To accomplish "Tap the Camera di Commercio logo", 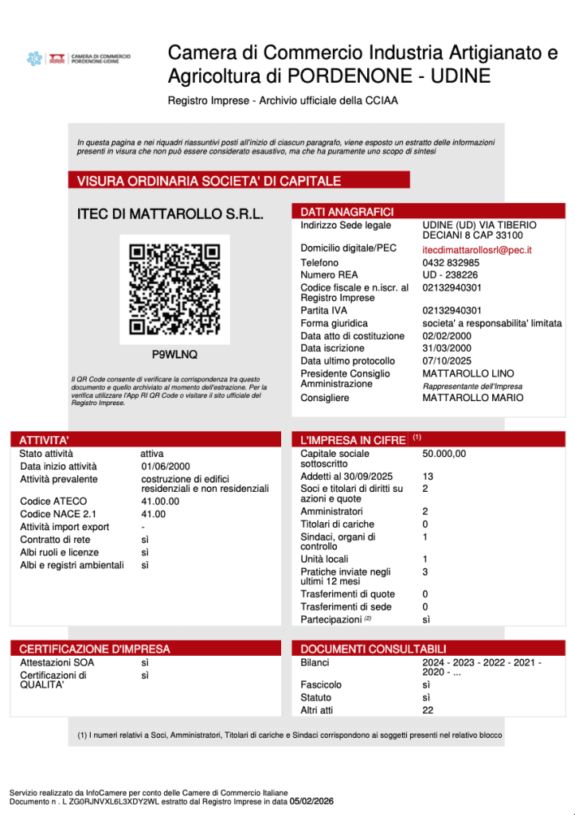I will pyautogui.click(x=79, y=58).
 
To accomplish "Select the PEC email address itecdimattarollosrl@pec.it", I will pyautogui.click(x=476, y=250).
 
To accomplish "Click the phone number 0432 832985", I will pyautogui.click(x=451, y=263).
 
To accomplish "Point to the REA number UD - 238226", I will pyautogui.click(x=450, y=275).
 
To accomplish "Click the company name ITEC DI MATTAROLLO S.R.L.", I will pyautogui.click(x=170, y=214).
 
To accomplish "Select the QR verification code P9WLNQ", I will pyautogui.click(x=174, y=354).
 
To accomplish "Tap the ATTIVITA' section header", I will pyautogui.click(x=45, y=440).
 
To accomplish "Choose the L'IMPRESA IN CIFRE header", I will pyautogui.click(x=352, y=440).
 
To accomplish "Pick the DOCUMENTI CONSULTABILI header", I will pyautogui.click(x=373, y=649).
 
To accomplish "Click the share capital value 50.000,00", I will pyautogui.click(x=444, y=454).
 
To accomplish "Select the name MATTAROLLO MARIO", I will pyautogui.click(x=472, y=397).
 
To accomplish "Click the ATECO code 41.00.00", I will pyautogui.click(x=160, y=501).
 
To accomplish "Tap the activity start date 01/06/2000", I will pyautogui.click(x=166, y=466).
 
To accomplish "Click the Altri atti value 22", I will pyautogui.click(x=428, y=710).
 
